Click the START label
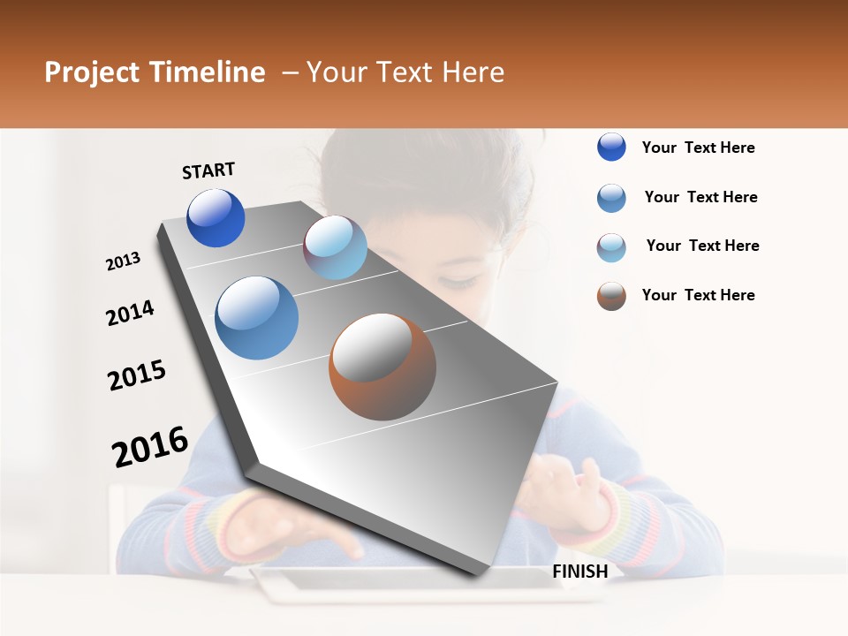click(208, 170)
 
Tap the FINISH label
click(580, 572)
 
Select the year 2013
click(124, 261)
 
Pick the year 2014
click(130, 313)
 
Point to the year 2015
click(137, 375)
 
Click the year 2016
click(150, 446)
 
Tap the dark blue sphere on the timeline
click(216, 218)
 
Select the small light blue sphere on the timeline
click(335, 247)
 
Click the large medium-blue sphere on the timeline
click(256, 318)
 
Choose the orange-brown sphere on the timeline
click(382, 367)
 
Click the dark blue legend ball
click(611, 148)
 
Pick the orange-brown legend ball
click(611, 296)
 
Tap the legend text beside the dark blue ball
click(698, 148)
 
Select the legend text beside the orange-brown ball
click(698, 295)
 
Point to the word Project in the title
click(92, 72)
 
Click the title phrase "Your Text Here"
click(405, 72)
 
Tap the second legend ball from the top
click(611, 198)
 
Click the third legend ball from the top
click(611, 247)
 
